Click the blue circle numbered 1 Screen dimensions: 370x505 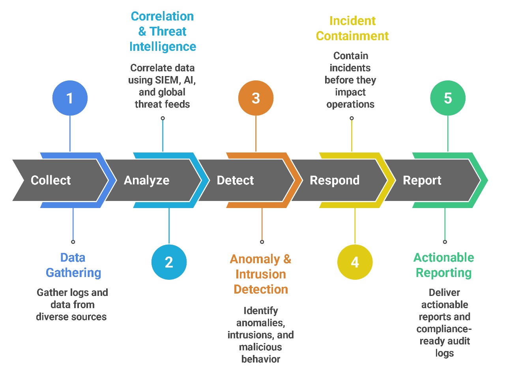point(70,98)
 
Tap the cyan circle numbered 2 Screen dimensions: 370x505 point(169,262)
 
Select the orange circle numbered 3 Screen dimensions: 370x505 point(256,98)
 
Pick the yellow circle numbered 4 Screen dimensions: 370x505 point(355,262)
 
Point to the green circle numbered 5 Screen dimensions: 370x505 point(448,98)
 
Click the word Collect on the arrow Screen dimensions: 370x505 point(51,180)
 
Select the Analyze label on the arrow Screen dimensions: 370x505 point(146,180)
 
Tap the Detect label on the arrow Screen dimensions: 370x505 point(235,180)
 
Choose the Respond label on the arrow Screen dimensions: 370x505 point(335,180)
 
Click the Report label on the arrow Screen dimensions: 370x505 point(422,180)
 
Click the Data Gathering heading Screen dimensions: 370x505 point(73,265)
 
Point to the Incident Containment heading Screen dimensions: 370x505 point(352,28)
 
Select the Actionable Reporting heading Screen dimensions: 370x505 point(444,265)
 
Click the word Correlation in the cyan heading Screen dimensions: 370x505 point(162,17)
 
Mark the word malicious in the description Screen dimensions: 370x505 point(260,347)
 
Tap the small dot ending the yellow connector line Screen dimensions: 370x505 point(352,118)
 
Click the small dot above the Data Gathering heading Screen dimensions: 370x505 point(73,242)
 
